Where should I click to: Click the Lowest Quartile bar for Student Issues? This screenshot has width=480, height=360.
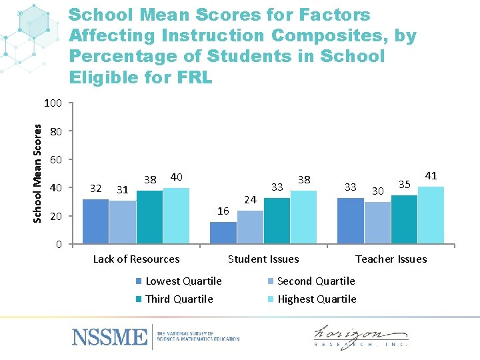point(223,233)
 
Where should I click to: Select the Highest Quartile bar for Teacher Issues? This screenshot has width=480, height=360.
point(431,215)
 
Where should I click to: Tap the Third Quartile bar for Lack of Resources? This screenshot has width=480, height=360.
point(149,217)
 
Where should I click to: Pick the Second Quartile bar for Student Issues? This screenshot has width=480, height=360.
point(250,227)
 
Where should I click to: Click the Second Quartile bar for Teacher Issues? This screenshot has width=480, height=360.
point(377,222)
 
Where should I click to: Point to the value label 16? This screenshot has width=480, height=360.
point(224,211)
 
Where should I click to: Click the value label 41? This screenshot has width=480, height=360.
point(431,176)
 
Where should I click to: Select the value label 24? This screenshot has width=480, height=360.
point(250,199)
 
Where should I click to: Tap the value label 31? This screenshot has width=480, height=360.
point(122,190)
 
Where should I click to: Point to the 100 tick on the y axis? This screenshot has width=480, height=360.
point(53,103)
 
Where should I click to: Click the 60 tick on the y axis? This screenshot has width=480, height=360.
point(56,160)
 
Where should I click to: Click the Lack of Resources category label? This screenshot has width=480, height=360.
point(136,259)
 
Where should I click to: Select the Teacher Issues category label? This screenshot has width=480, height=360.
point(391,259)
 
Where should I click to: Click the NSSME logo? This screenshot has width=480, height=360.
point(109,336)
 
